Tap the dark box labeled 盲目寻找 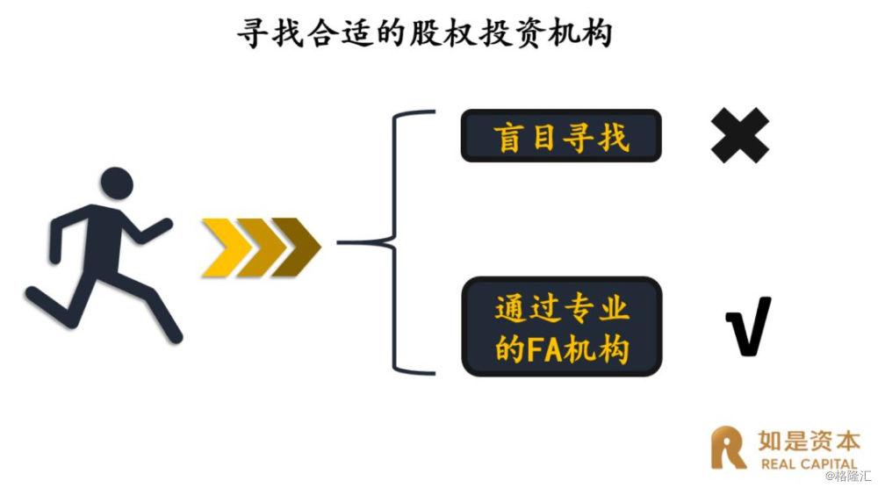[561, 136]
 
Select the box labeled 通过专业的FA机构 [562, 327]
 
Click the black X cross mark [739, 135]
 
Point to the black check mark [749, 327]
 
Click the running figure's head [117, 183]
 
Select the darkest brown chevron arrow [297, 247]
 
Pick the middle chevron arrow [261, 248]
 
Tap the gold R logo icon [727, 447]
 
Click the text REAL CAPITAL [810, 464]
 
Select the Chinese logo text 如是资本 [810, 441]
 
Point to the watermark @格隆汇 [848, 477]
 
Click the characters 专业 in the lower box [596, 308]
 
